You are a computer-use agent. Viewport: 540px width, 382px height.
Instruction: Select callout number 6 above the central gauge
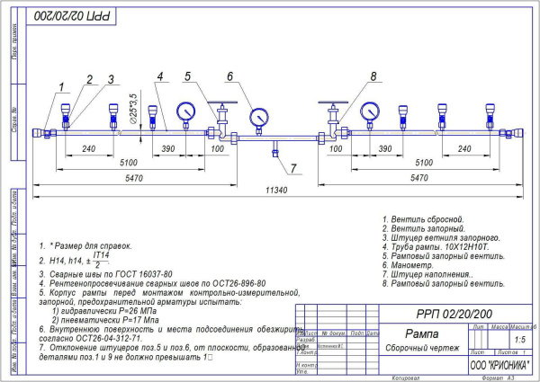click(230, 76)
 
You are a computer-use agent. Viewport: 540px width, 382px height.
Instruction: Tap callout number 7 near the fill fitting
click(292, 168)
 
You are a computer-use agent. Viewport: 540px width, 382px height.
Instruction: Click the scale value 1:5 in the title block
click(519, 341)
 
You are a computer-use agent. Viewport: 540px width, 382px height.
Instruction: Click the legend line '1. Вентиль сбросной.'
click(422, 219)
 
